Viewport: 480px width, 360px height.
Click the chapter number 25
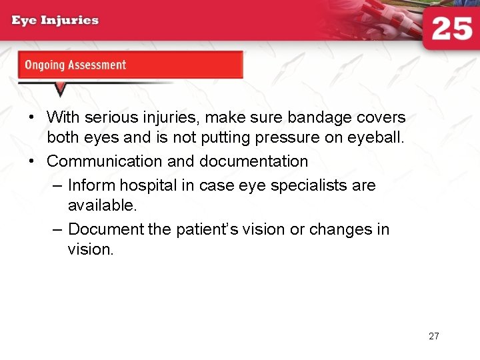pyautogui.click(x=451, y=29)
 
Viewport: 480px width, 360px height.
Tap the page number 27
pyautogui.click(x=434, y=336)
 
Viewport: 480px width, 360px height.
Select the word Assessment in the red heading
pyautogui.click(x=95, y=65)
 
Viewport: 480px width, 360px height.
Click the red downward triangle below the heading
pyautogui.click(x=60, y=89)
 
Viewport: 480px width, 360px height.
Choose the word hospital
pyautogui.click(x=145, y=185)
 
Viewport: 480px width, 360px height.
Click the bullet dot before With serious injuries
pyautogui.click(x=31, y=117)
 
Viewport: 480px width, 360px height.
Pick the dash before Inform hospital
pyautogui.click(x=57, y=185)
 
